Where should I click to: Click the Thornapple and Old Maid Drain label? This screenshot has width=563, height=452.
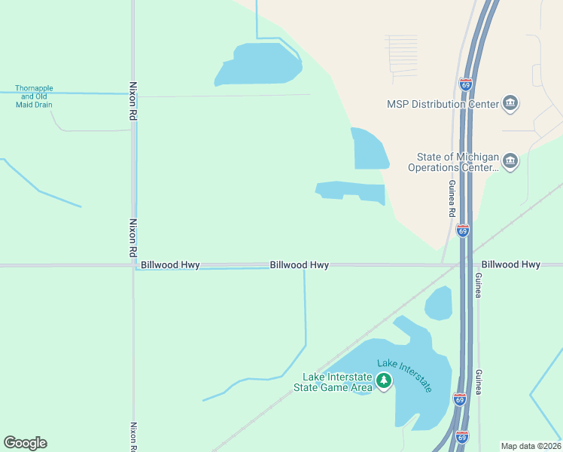click(x=34, y=96)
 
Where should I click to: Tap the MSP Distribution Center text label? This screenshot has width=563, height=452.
click(x=443, y=104)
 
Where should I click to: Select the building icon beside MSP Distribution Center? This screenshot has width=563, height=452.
click(x=510, y=102)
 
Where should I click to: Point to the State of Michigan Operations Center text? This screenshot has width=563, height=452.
click(x=454, y=162)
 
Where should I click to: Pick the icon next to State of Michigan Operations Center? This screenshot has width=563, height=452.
click(x=510, y=161)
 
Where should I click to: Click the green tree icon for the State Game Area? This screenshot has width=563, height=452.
click(x=385, y=381)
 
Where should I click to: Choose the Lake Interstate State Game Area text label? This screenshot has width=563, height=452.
click(x=336, y=382)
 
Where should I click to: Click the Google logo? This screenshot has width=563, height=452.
click(x=25, y=443)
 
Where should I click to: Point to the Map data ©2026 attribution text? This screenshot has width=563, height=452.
click(x=530, y=446)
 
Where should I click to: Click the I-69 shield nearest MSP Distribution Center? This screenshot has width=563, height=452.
click(x=466, y=86)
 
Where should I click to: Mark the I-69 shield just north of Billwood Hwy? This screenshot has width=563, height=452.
click(x=463, y=231)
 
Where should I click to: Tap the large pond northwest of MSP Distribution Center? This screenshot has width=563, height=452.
click(x=259, y=64)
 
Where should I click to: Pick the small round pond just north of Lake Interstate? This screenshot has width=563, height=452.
click(x=438, y=304)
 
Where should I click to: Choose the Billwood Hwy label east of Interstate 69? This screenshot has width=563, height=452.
click(x=511, y=264)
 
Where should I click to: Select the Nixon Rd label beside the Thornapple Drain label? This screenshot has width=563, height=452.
click(x=132, y=102)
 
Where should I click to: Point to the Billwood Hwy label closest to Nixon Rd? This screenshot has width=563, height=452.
click(x=170, y=265)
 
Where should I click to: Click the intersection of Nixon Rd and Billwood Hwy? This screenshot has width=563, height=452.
click(x=133, y=265)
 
